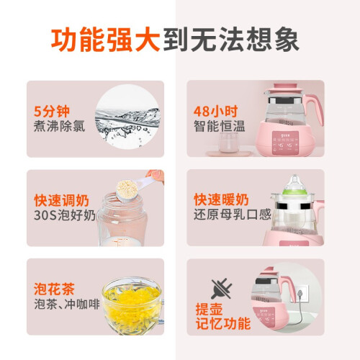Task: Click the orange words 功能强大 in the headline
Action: click(106, 40)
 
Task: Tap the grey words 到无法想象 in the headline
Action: click(231, 40)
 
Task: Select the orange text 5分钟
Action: click(52, 112)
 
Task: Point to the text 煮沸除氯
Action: click(59, 126)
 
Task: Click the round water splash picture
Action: click(127, 117)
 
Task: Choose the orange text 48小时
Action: click(215, 112)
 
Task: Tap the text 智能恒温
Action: click(220, 126)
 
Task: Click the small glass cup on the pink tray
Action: click(228, 143)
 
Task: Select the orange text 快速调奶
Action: click(61, 201)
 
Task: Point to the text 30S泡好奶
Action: click(65, 215)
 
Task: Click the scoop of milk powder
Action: click(127, 189)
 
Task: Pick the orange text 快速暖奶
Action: click(221, 200)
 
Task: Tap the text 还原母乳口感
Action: click(233, 215)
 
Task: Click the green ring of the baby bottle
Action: click(294, 192)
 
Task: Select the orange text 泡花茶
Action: click(54, 289)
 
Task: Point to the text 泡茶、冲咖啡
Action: click(67, 305)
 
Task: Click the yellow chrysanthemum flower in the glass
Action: click(132, 303)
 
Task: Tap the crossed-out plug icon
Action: click(221, 289)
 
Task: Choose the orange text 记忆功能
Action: click(223, 324)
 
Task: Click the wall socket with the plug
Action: click(300, 294)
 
